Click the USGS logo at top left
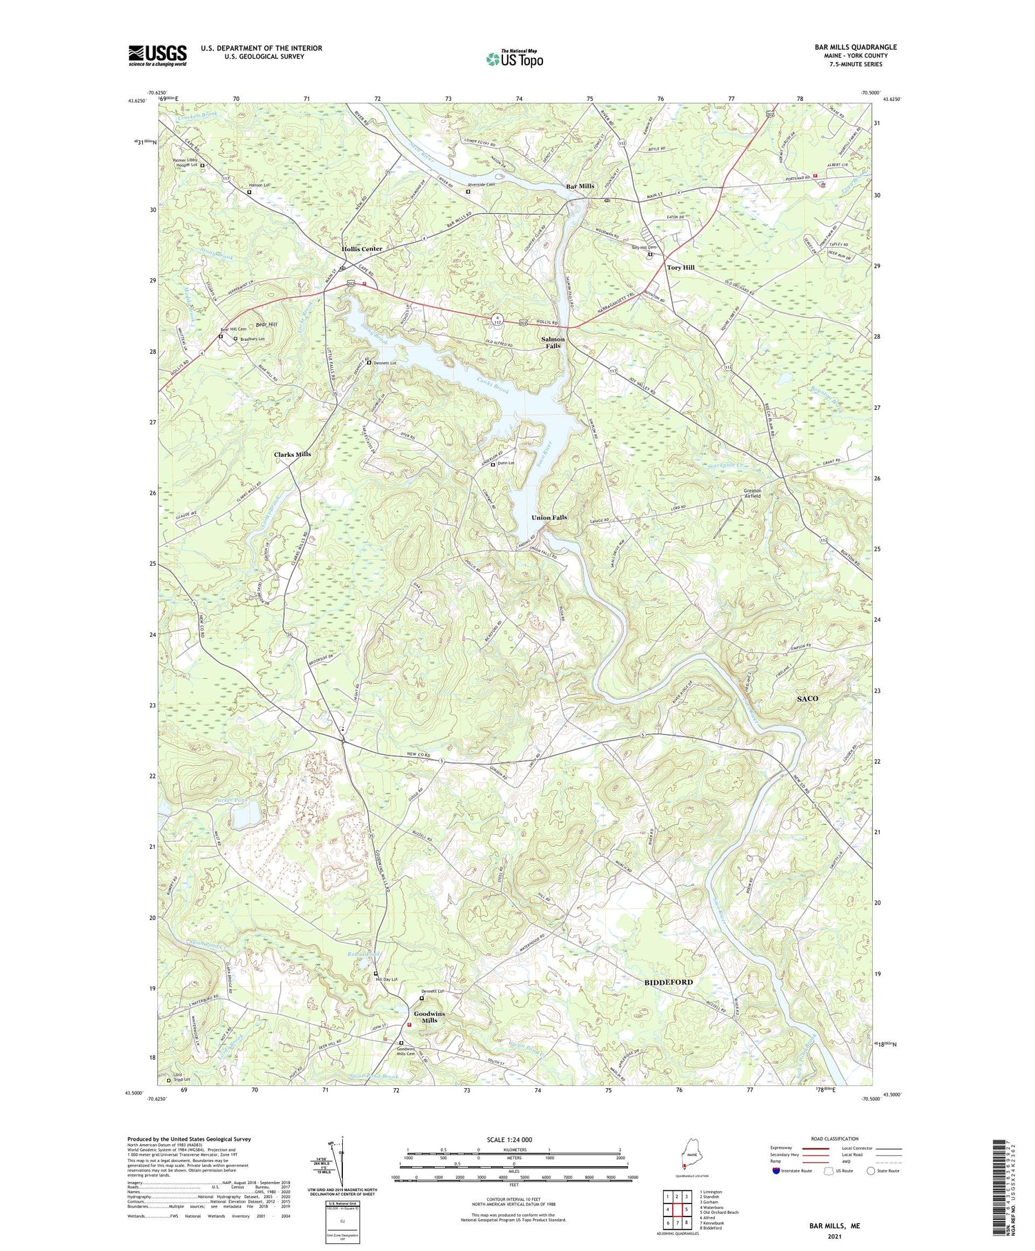(x=157, y=55)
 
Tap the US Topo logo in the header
(x=514, y=59)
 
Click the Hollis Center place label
(x=362, y=248)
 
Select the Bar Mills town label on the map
(x=580, y=186)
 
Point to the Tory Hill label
(x=680, y=267)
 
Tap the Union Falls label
(x=549, y=518)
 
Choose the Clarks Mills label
(x=293, y=455)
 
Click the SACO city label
(x=807, y=698)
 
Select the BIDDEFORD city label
(x=669, y=981)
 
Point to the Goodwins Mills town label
(x=430, y=1017)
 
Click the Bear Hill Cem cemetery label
(x=233, y=329)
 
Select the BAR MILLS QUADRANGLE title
(x=856, y=47)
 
